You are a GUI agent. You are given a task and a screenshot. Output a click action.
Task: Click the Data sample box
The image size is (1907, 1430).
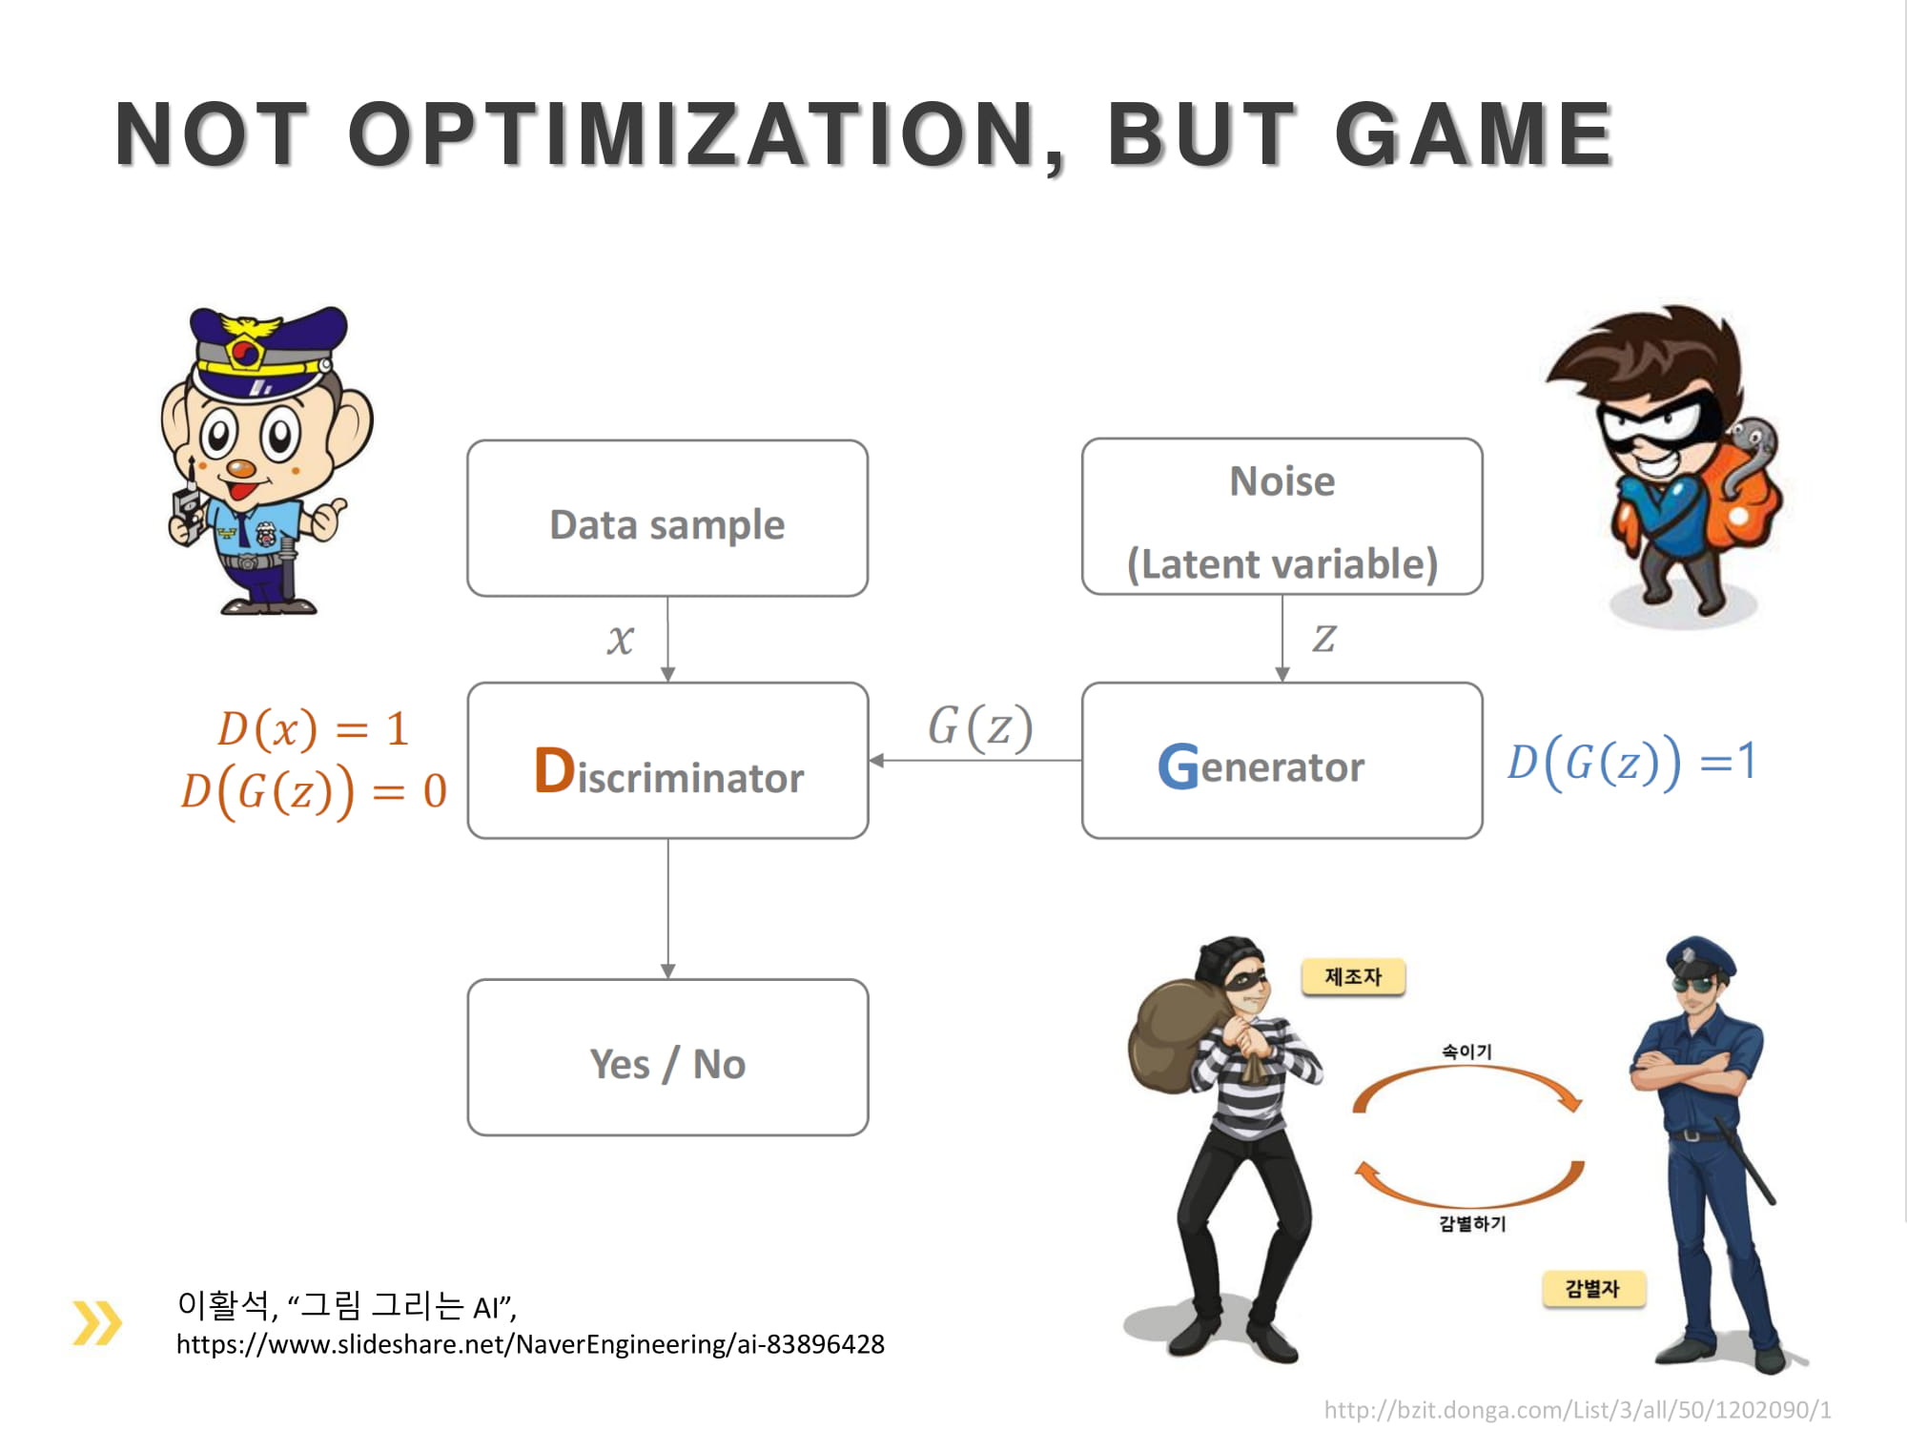[x=667, y=519]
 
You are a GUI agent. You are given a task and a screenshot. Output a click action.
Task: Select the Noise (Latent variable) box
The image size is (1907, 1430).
[x=1282, y=517]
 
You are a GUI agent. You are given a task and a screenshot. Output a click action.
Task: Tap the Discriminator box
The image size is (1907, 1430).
[x=667, y=761]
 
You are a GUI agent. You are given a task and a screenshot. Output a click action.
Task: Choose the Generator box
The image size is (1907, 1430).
[x=1282, y=761]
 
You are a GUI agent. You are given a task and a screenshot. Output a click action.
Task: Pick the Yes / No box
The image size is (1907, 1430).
[x=667, y=1057]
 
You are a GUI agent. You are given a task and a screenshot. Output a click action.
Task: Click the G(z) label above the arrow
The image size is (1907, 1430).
[x=980, y=727]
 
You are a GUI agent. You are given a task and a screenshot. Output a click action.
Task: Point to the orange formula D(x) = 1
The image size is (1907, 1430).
[x=314, y=729]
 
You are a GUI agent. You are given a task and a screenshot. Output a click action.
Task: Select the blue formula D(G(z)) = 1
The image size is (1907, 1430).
[x=1630, y=763]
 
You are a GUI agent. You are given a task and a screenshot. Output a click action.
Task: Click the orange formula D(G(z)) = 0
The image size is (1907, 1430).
[x=314, y=791]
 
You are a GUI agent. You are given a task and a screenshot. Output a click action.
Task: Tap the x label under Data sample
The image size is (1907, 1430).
[x=620, y=640]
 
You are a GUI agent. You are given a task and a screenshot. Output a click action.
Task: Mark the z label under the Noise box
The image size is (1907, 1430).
[x=1324, y=639]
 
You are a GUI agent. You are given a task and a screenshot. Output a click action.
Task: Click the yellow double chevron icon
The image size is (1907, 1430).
[x=97, y=1322]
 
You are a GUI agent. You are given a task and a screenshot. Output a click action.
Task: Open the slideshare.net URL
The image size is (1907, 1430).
[x=530, y=1344]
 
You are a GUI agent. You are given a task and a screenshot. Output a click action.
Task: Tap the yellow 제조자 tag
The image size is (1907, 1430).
[x=1353, y=977]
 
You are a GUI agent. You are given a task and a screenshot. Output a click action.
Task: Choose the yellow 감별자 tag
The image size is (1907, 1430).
[x=1592, y=1289]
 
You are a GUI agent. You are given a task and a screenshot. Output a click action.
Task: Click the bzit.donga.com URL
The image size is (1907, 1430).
[x=1578, y=1410]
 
